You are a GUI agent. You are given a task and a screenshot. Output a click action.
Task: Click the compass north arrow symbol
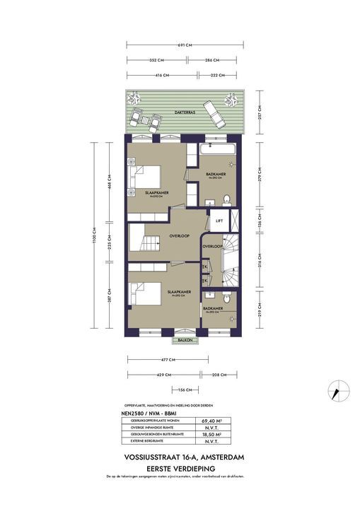click(x=337, y=390)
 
